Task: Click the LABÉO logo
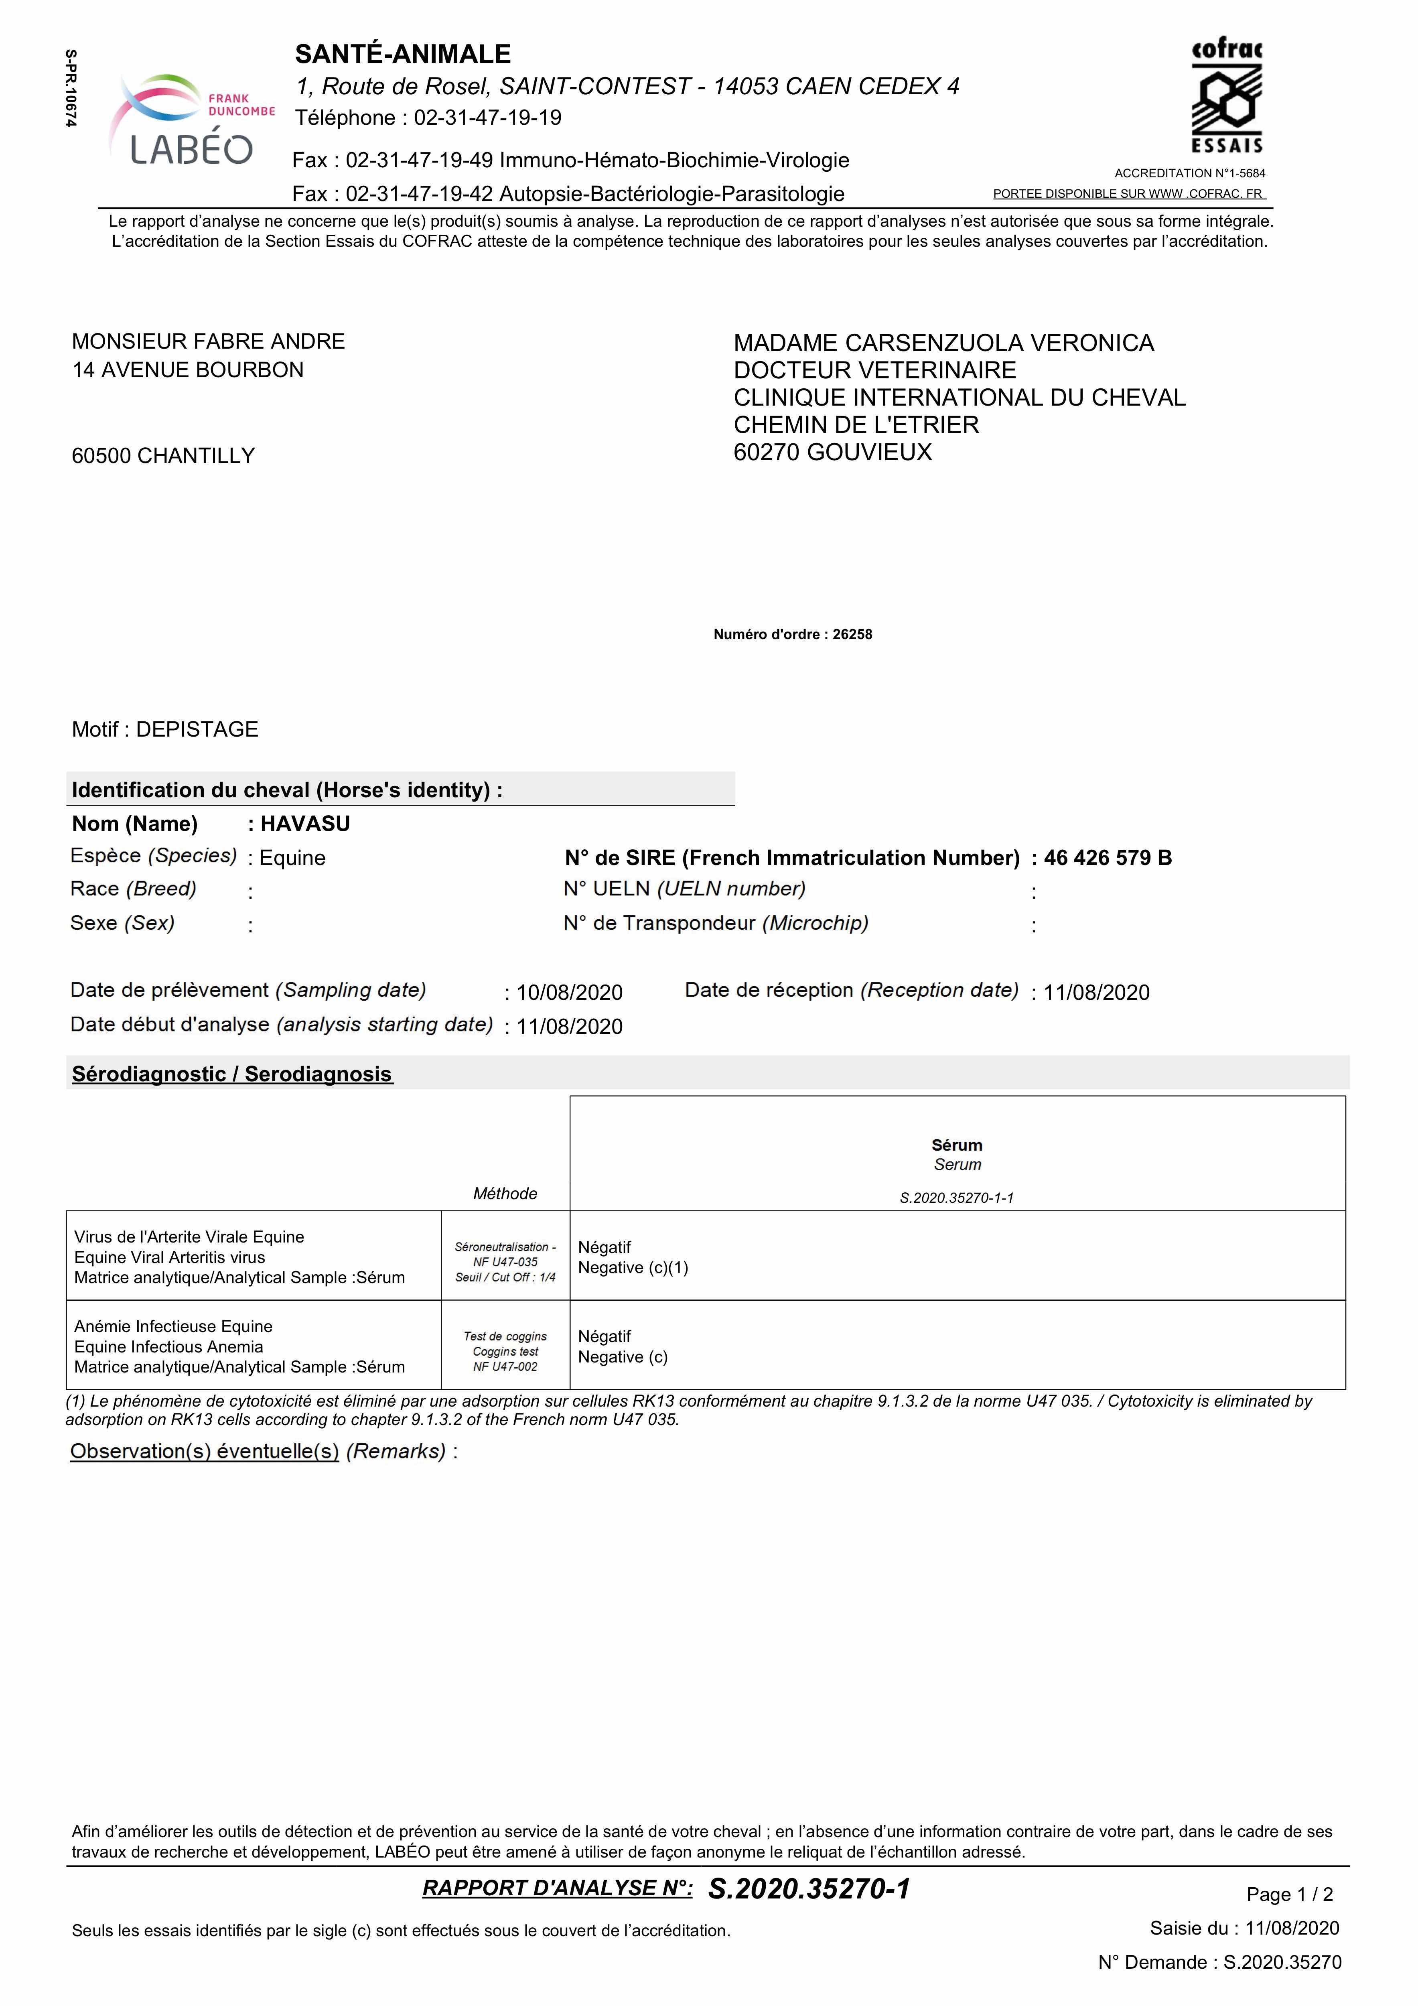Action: point(191,121)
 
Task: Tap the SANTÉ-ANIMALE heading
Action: point(403,54)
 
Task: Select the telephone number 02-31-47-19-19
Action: point(487,118)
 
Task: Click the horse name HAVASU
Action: point(305,824)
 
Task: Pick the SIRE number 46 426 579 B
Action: point(1108,858)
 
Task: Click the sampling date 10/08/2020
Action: point(570,993)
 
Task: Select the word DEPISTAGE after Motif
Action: point(197,729)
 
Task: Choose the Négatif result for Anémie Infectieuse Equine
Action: point(605,1337)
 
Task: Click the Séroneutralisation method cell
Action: point(505,1262)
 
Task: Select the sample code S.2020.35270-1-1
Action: point(957,1198)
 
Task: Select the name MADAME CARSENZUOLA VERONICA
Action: point(943,343)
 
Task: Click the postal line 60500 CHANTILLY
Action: point(163,456)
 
